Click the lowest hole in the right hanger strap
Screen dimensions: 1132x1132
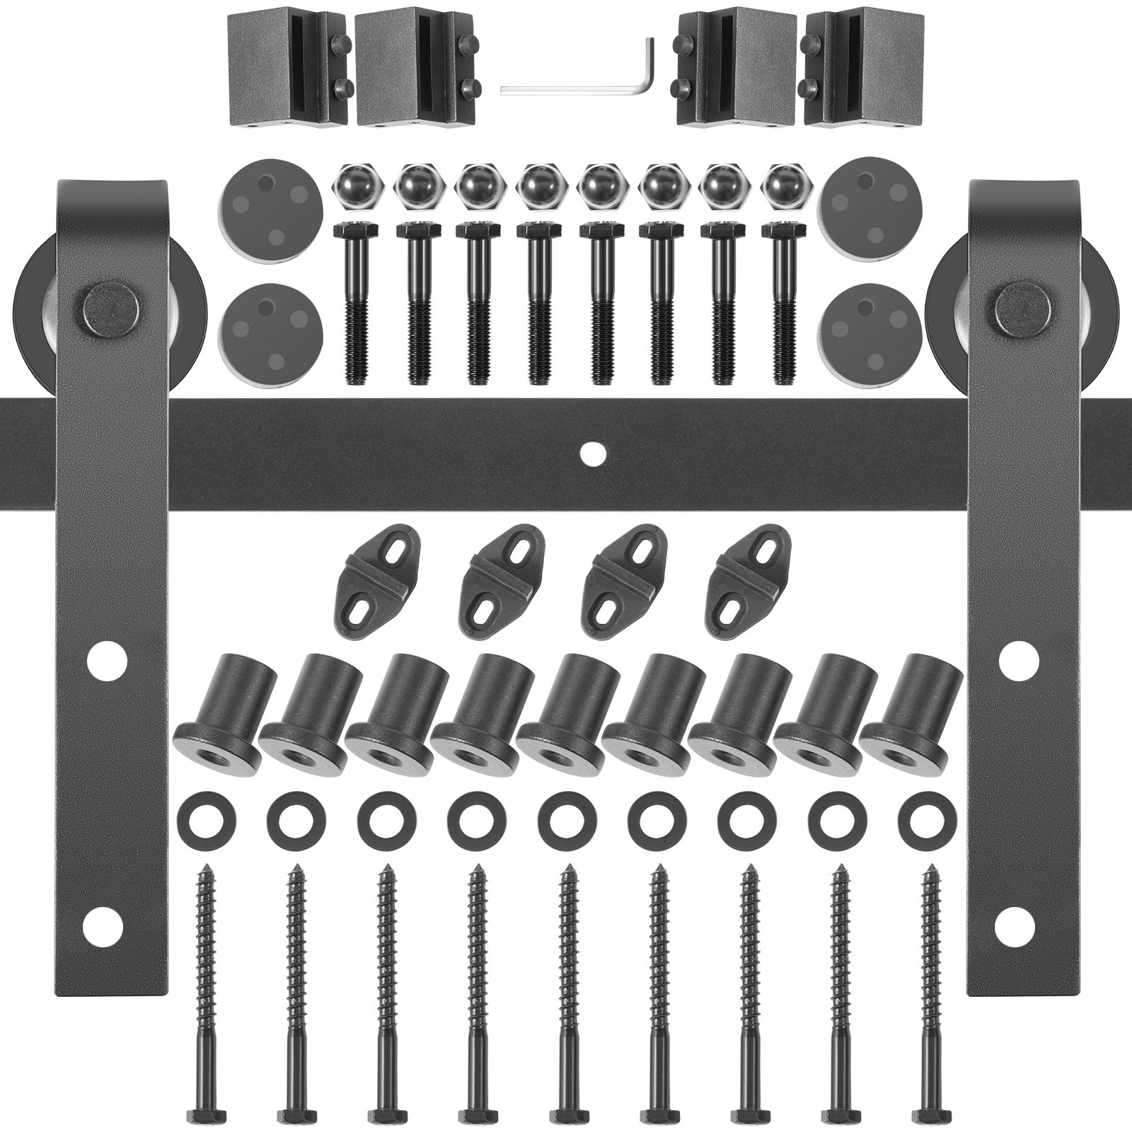pyautogui.click(x=1017, y=923)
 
